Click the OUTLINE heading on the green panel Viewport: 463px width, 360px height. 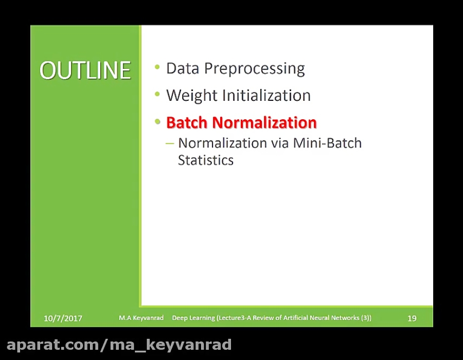[85, 70]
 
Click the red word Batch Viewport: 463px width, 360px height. [187, 123]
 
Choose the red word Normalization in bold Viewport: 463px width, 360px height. [264, 123]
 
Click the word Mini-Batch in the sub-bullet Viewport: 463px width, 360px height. [327, 143]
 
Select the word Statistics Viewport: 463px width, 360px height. [206, 160]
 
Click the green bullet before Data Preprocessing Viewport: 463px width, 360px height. [157, 67]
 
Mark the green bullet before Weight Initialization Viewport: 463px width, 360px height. [157, 95]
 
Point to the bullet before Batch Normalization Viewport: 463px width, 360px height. [157, 122]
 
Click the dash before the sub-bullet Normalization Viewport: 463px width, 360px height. [170, 143]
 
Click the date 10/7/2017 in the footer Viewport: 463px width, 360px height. [63, 318]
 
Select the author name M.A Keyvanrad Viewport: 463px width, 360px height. [141, 318]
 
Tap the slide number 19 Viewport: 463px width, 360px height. [412, 318]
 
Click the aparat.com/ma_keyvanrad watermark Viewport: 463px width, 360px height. [119, 344]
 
